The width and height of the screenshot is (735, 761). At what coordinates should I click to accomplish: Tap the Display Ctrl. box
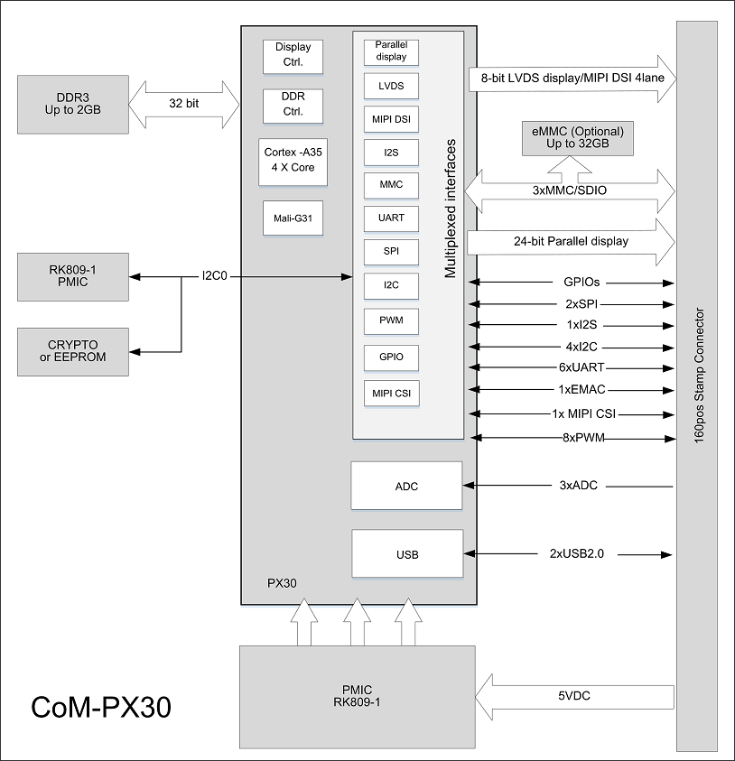point(293,56)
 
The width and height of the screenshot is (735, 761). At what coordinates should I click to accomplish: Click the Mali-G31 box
point(293,218)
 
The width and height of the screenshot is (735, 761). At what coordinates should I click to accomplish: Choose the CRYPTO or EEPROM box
point(73,351)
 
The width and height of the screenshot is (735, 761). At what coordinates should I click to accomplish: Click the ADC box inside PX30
point(406,487)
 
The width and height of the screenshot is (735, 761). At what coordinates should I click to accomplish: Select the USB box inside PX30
point(406,554)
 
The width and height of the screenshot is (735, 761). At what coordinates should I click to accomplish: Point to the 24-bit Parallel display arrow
point(571,242)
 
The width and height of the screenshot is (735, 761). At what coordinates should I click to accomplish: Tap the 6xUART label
point(581,367)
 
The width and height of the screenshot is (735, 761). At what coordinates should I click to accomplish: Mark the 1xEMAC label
point(581,389)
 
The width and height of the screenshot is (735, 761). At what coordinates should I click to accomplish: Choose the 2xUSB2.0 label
point(576,553)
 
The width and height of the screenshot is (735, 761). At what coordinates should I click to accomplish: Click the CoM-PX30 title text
point(101,707)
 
